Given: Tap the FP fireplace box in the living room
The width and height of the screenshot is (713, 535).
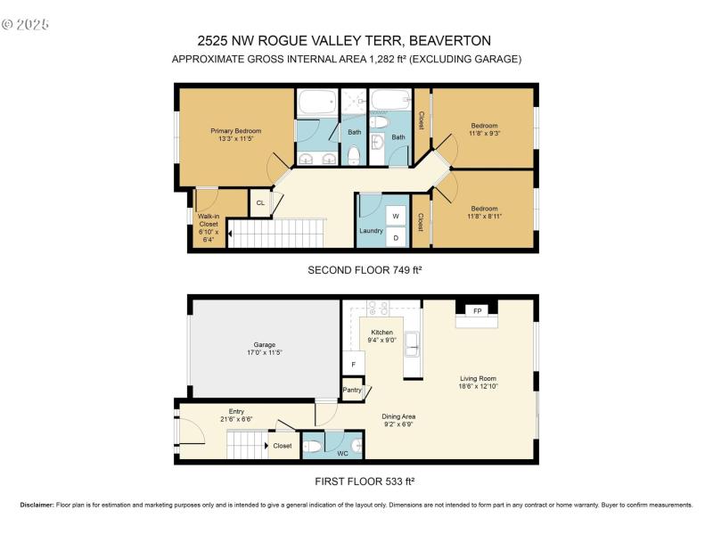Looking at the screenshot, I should pos(478,311).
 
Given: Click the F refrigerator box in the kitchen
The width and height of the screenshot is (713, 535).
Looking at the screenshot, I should pos(353,364).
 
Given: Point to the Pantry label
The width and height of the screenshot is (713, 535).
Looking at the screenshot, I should pos(353,390).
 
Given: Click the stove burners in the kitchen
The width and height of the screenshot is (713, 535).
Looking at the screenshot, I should pos(379,309).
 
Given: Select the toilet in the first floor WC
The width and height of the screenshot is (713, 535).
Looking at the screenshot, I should pos(312,446).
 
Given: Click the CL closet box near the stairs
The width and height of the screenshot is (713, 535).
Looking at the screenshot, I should pos(260,203).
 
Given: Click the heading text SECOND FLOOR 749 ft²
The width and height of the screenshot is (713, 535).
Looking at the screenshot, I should pos(363,270).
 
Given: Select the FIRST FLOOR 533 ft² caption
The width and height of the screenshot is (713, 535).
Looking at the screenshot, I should pos(363,481).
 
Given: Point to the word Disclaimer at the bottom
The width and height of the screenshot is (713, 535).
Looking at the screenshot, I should pos(37,505).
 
